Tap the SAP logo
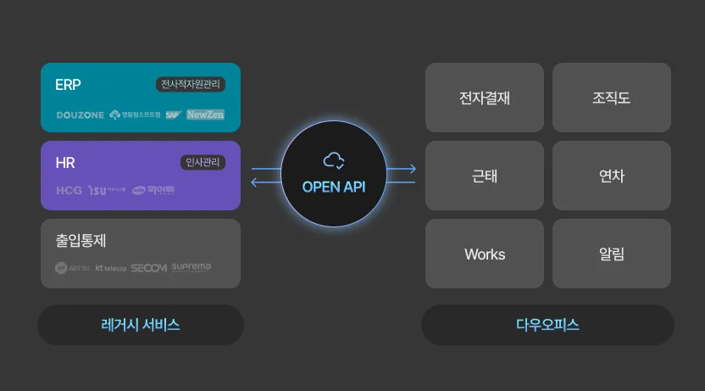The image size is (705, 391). [x=174, y=115]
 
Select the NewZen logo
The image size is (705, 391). [x=205, y=115]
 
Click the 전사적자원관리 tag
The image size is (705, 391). [x=191, y=85]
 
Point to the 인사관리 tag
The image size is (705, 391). [x=203, y=163]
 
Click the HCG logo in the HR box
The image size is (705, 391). [x=69, y=191]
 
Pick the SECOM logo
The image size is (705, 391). [x=148, y=268]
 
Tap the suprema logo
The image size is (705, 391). [x=192, y=268]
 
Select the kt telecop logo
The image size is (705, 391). [x=110, y=268]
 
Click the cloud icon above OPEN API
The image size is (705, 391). [x=333, y=159]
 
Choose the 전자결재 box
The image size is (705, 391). [x=485, y=98]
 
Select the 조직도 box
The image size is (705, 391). [x=612, y=98]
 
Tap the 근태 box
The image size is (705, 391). [x=485, y=176]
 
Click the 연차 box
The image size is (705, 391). [x=612, y=176]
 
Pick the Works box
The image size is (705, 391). [x=485, y=254]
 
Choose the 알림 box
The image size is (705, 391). [x=612, y=254]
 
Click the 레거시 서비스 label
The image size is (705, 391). [x=141, y=325]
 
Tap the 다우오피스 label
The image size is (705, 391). [x=547, y=325]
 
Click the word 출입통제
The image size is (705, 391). [x=80, y=241]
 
